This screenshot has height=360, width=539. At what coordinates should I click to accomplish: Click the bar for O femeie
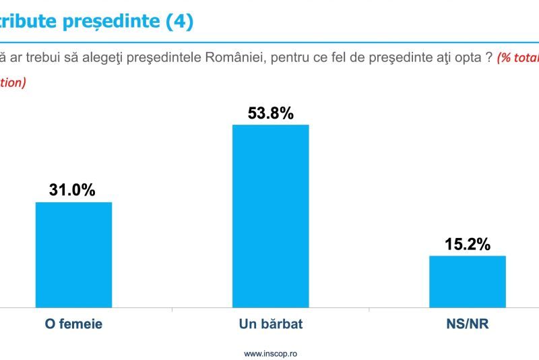coord(73,254)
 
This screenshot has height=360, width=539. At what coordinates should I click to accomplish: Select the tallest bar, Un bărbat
coord(270,216)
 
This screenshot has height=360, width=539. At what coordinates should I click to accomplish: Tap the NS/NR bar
coord(468,281)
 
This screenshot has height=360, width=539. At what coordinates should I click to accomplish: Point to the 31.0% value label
coord(72,190)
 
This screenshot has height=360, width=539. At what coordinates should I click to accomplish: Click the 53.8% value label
coord(271,113)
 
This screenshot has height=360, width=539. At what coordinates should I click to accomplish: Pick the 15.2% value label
coord(468,244)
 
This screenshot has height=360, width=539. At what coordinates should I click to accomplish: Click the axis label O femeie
coord(73,324)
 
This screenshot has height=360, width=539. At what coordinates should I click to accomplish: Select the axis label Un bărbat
coord(271,324)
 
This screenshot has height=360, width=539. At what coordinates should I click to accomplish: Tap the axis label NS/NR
coord(468,324)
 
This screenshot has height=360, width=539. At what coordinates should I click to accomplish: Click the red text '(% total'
coord(517,58)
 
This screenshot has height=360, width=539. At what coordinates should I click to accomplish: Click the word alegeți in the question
coord(90,57)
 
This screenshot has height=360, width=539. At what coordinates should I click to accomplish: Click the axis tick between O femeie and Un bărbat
coord(172,310)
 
